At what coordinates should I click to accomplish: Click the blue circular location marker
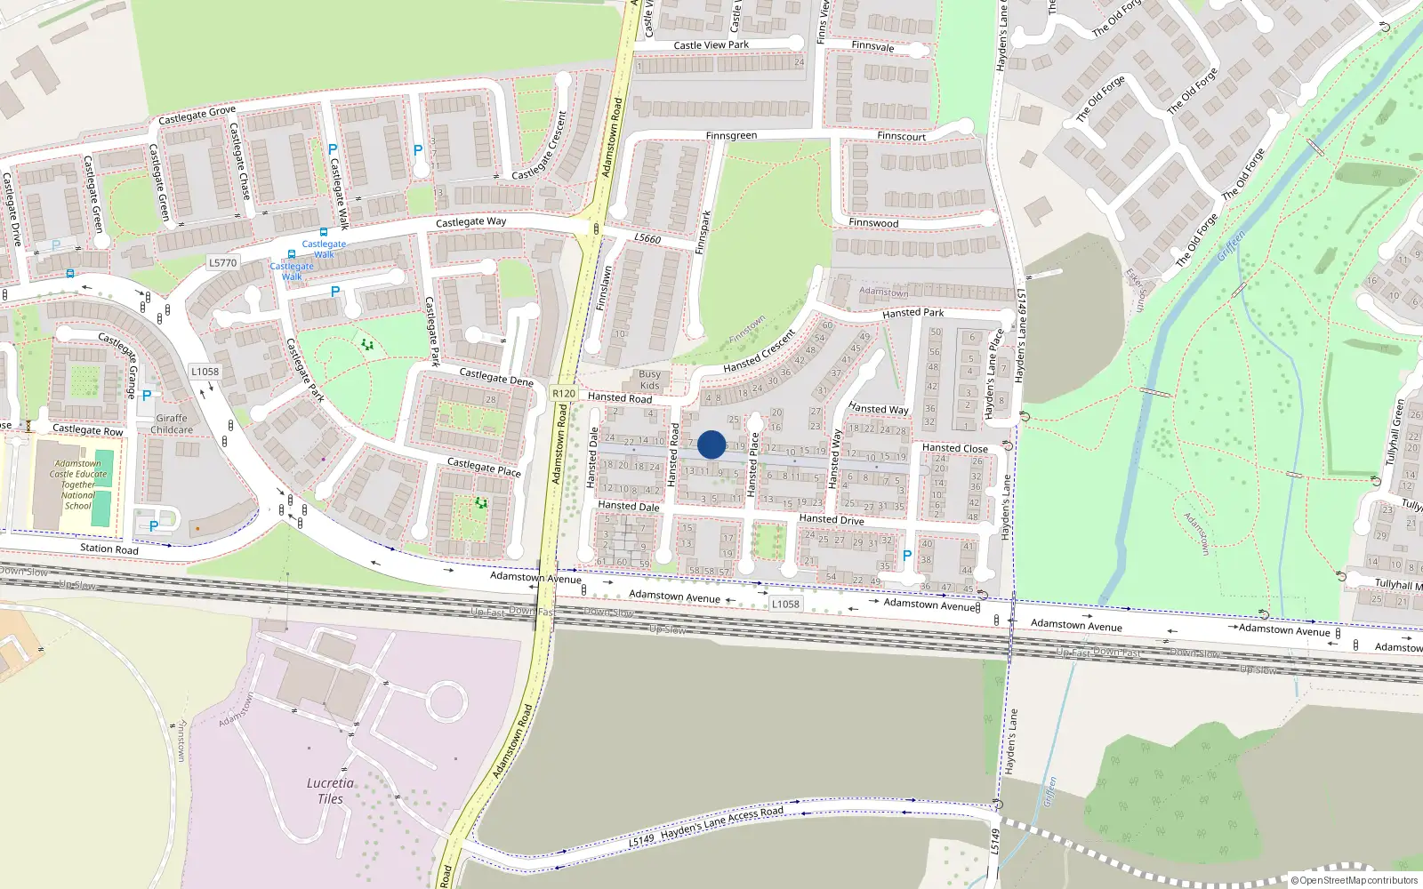click(711, 444)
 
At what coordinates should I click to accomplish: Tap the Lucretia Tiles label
click(330, 790)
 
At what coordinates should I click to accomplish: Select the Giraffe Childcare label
click(172, 424)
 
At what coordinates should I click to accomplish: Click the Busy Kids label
click(650, 380)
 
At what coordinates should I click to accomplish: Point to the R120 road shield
click(564, 393)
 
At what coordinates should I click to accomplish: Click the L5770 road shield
click(222, 262)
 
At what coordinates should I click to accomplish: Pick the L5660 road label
click(647, 238)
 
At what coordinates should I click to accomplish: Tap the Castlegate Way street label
click(470, 222)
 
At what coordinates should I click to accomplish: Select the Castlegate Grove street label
click(197, 115)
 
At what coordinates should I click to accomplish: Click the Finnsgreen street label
click(731, 136)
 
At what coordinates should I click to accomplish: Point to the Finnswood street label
click(873, 223)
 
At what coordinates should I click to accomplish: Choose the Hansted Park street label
click(912, 313)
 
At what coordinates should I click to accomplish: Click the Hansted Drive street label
click(831, 519)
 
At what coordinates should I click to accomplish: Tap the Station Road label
click(109, 549)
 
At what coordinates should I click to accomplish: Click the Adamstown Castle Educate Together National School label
click(78, 485)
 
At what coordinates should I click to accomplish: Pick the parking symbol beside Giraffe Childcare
click(147, 396)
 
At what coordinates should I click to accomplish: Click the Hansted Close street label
click(954, 448)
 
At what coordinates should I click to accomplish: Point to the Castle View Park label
click(711, 44)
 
